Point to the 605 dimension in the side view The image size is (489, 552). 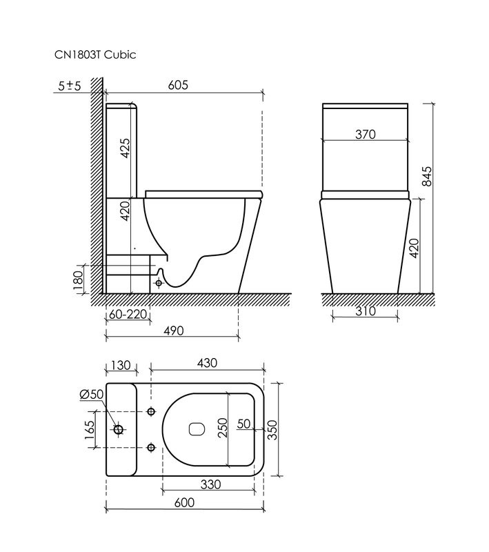(178, 85)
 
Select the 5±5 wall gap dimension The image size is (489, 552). (70, 86)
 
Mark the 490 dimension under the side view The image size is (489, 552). (173, 331)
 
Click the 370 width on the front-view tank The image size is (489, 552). (365, 135)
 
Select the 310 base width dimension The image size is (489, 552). (365, 311)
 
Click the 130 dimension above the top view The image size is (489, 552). (121, 364)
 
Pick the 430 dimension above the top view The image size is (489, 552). (207, 363)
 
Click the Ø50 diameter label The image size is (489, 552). (92, 394)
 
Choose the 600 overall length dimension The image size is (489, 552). (183, 503)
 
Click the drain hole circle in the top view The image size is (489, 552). (119, 429)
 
